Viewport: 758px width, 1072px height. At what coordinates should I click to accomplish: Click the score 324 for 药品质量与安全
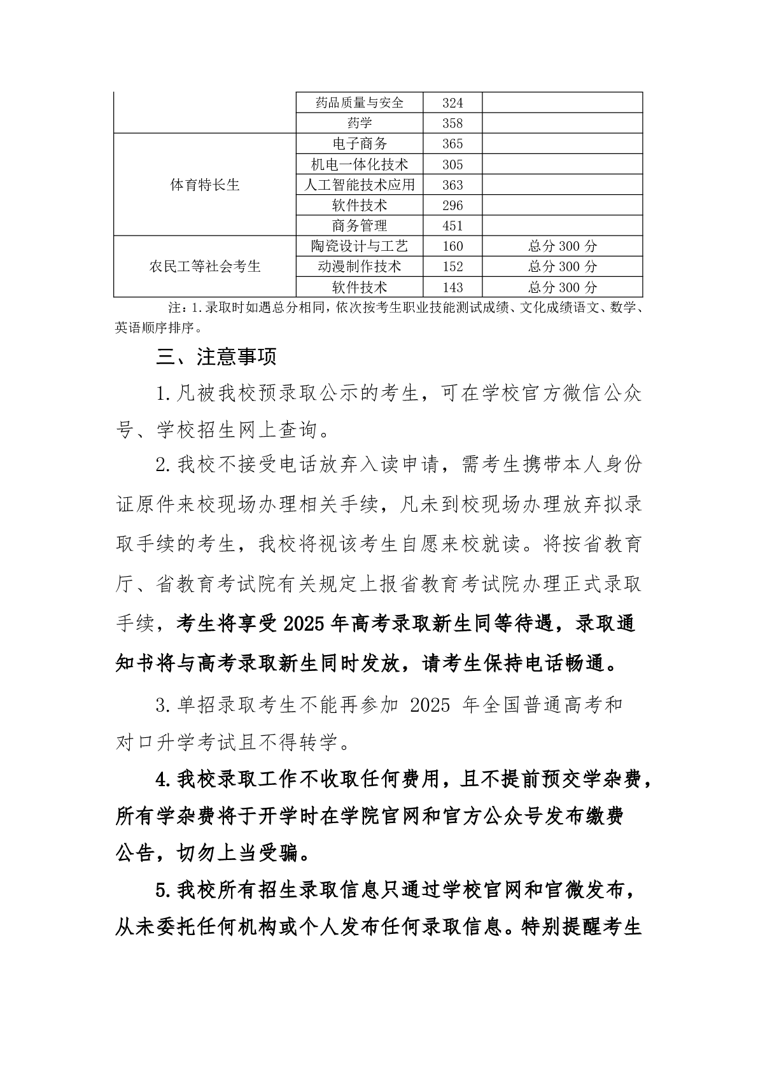[x=453, y=103]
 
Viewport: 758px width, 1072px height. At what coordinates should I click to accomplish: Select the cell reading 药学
[x=360, y=123]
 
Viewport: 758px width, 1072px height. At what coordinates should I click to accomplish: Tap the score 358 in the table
[x=453, y=123]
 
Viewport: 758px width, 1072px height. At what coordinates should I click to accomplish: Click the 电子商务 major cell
[x=360, y=144]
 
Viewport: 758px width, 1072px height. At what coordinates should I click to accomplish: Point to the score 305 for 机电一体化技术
[x=453, y=165]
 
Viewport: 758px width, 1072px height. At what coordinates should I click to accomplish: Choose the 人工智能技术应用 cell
[x=360, y=185]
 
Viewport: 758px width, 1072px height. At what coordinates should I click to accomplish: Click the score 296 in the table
[x=453, y=206]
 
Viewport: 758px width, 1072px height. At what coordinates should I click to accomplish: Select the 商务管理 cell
[x=360, y=226]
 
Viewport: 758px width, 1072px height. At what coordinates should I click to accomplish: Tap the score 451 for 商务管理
[x=453, y=226]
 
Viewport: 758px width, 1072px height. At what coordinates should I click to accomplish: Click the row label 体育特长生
[x=205, y=185]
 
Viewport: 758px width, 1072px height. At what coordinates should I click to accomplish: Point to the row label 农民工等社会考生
[x=205, y=267]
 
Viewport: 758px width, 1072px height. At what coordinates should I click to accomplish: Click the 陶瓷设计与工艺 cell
[x=360, y=246]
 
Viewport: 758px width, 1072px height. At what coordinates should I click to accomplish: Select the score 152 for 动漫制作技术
[x=453, y=267]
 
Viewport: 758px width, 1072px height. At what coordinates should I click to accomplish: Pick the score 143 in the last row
[x=453, y=287]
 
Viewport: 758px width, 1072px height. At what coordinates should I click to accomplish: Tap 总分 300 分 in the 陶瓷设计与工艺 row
[x=562, y=246]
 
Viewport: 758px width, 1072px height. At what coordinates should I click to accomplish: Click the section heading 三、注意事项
[x=216, y=357]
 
